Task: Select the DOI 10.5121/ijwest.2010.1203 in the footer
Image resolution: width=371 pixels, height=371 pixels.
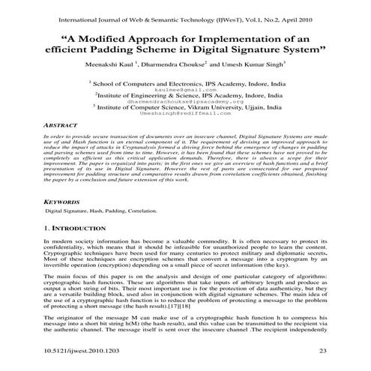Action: pyautogui.click(x=85, y=351)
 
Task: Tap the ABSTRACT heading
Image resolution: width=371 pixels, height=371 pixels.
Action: pyautogui.click(x=61, y=127)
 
